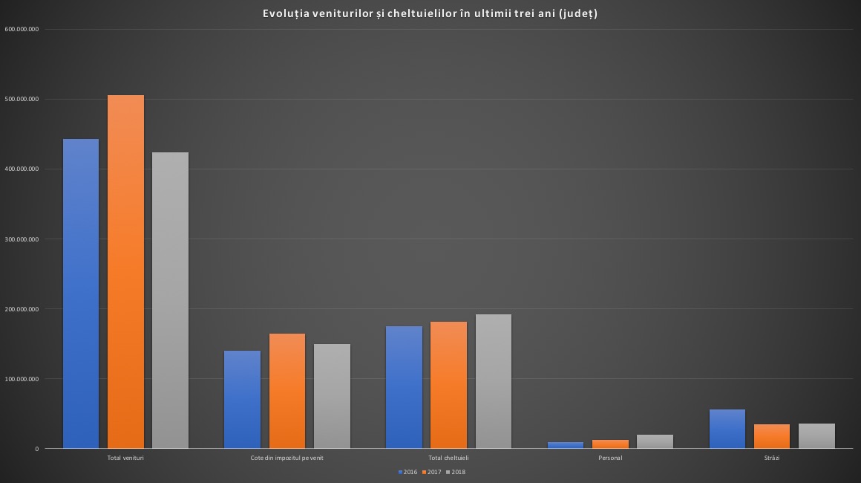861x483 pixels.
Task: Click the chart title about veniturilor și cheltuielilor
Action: pyautogui.click(x=430, y=13)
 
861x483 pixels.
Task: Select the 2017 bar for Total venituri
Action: pyautogui.click(x=125, y=271)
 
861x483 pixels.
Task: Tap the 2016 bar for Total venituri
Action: pyautogui.click(x=81, y=294)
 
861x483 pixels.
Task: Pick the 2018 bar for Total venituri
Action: pyautogui.click(x=170, y=300)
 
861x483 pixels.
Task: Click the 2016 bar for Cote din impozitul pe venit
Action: pyautogui.click(x=242, y=399)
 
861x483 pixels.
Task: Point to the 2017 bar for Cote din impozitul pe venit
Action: pyautogui.click(x=287, y=391)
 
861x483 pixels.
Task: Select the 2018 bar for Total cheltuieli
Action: pyautogui.click(x=493, y=381)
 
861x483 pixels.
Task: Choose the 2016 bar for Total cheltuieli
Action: pyautogui.click(x=404, y=387)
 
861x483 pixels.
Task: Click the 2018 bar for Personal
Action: pyautogui.click(x=655, y=441)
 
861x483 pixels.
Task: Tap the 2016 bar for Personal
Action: pyautogui.click(x=566, y=445)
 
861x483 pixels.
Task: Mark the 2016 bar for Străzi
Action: pyautogui.click(x=727, y=429)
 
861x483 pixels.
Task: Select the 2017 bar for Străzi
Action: pyautogui.click(x=772, y=436)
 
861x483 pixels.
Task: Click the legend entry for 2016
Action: pyautogui.click(x=407, y=472)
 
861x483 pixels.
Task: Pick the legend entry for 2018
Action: pyautogui.click(x=455, y=472)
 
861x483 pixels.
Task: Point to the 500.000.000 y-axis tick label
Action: pyautogui.click(x=22, y=99)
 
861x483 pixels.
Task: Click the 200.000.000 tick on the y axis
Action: pyautogui.click(x=22, y=309)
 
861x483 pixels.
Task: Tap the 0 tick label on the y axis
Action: pyautogui.click(x=36, y=449)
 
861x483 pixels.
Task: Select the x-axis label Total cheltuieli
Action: pyautogui.click(x=448, y=458)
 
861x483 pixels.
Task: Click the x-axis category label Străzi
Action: pyautogui.click(x=772, y=458)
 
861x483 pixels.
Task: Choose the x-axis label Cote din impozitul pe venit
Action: pyautogui.click(x=287, y=458)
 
